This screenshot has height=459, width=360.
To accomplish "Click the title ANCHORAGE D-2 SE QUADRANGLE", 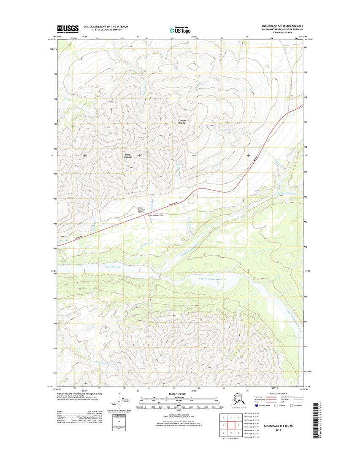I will click(x=282, y=26).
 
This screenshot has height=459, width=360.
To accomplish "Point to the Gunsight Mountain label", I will click(x=182, y=122).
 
